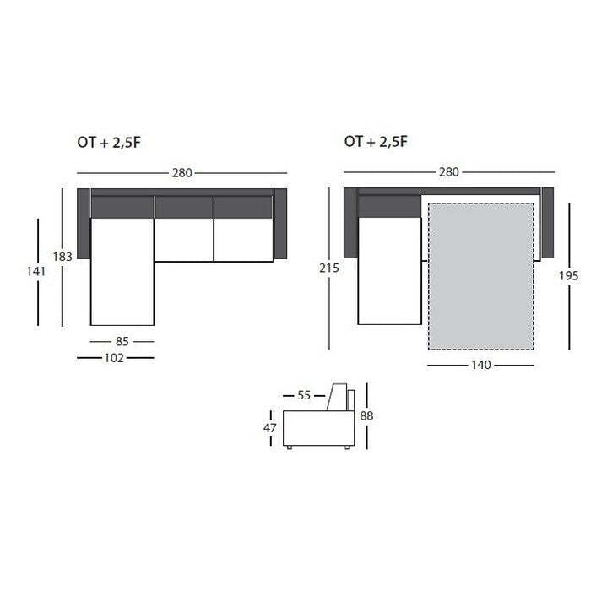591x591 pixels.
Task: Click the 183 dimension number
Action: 62,257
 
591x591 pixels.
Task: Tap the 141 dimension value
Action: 36,271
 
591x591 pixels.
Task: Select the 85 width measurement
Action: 122,341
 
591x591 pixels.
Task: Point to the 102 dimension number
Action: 114,358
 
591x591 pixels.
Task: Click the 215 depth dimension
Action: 329,268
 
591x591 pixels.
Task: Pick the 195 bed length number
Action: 568,276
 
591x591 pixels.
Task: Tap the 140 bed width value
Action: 481,365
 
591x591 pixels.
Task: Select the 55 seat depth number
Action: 304,395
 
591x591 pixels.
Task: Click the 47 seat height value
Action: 270,428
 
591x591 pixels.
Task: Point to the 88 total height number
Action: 366,415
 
